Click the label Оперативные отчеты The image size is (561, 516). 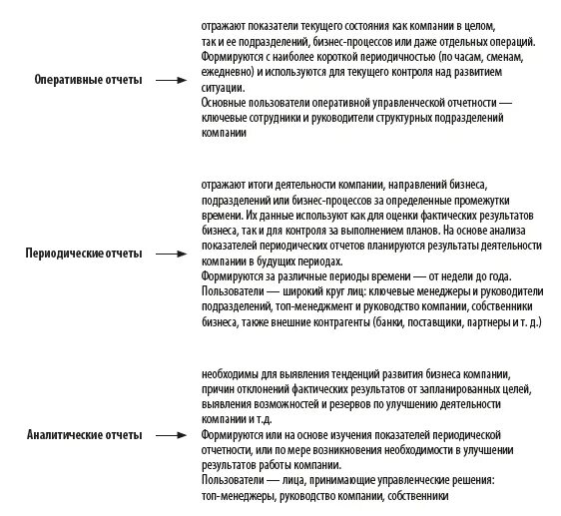[x=88, y=80]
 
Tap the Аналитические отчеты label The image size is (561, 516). [x=84, y=435]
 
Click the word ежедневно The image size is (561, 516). [x=226, y=73]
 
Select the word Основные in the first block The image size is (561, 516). [x=226, y=102]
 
